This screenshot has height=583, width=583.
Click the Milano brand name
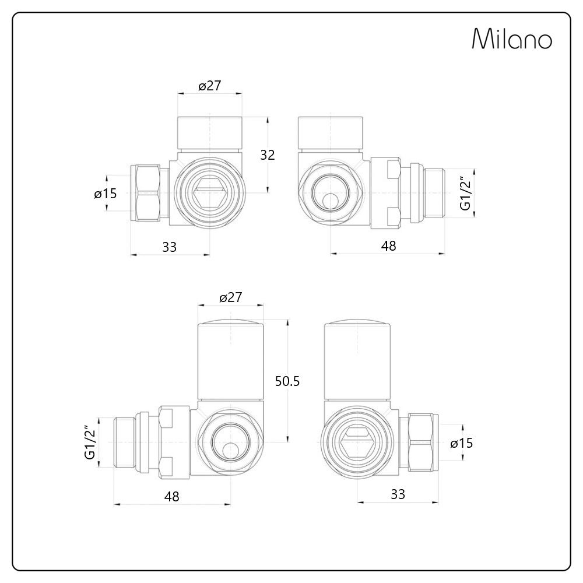pos(511,40)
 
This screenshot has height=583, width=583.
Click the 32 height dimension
pos(267,154)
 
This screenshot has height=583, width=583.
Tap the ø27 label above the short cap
pos(209,86)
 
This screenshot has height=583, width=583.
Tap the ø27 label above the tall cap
pos(231,297)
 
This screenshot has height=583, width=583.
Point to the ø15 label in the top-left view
pos(106,194)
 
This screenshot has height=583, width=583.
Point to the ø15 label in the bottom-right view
pos(461,443)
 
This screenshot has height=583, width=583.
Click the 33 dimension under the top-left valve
pos(169,247)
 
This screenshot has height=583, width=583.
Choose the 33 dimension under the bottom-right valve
pos(398,494)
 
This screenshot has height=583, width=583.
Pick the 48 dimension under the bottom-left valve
pos(171,496)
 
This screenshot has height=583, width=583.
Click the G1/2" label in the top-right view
pos(465,194)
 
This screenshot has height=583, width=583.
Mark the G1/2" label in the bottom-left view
pos(90,443)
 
